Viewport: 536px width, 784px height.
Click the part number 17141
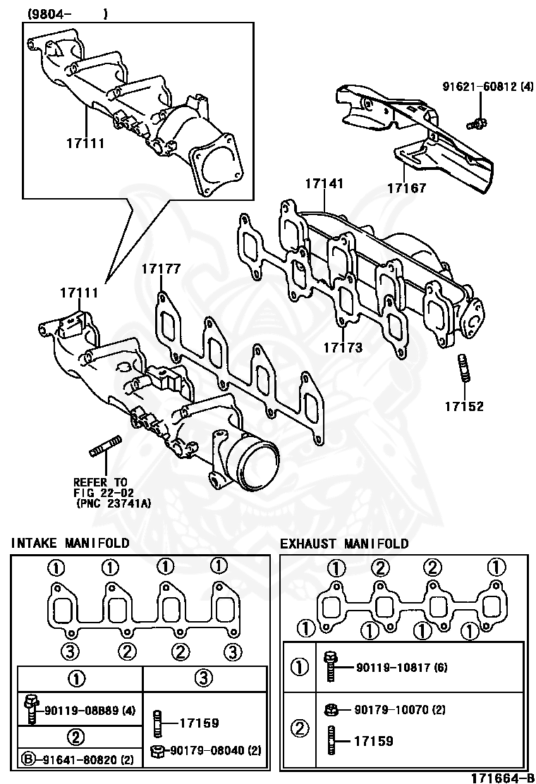point(324,184)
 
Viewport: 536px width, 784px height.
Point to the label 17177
point(160,268)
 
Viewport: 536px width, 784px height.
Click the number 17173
point(343,348)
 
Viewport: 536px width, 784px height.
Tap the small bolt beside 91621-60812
point(477,124)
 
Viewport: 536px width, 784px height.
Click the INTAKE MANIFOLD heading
point(70,543)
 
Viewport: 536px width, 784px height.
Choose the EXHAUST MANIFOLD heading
point(344,544)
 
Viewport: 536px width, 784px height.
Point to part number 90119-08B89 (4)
point(90,709)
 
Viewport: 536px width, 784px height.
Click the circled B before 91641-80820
point(28,760)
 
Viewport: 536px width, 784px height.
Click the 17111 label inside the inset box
point(85,143)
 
